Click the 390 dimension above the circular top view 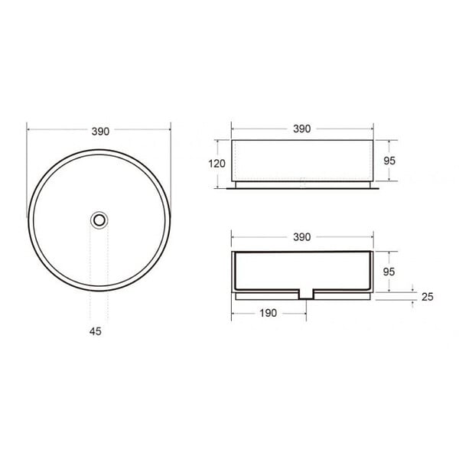click(100, 132)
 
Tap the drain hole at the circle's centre click(99, 220)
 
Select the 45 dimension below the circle click(95, 331)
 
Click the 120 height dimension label click(216, 164)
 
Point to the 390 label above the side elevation click(302, 129)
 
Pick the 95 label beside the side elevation click(389, 161)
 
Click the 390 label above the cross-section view click(302, 237)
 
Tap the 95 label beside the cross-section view click(389, 272)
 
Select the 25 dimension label click(428, 297)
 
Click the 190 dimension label click(269, 313)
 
